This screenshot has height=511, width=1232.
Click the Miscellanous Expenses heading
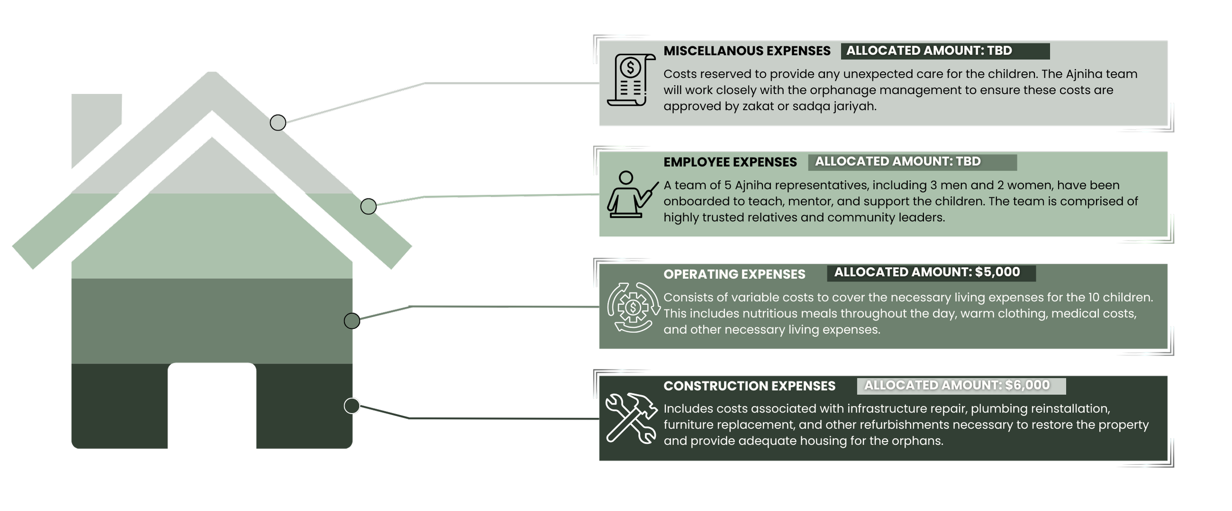[747, 51]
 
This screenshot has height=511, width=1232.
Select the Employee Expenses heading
[730, 162]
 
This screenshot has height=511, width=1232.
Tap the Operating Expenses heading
[734, 274]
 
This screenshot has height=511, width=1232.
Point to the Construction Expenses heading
[749, 386]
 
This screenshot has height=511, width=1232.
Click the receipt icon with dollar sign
[631, 79]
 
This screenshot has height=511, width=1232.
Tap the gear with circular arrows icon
[633, 307]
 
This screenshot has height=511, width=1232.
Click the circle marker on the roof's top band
[278, 123]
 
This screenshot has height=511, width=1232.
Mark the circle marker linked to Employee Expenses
[368, 207]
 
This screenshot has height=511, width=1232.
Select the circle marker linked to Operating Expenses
[352, 321]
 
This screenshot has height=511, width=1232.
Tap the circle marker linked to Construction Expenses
[352, 406]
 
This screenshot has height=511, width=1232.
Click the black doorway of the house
[212, 407]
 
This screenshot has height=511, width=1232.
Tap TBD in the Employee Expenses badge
[967, 161]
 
